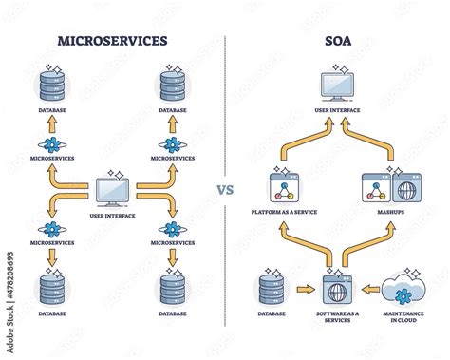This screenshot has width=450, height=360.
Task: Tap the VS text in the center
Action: pyautogui.click(x=226, y=188)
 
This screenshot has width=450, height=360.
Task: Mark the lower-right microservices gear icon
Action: pyautogui.click(x=172, y=230)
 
